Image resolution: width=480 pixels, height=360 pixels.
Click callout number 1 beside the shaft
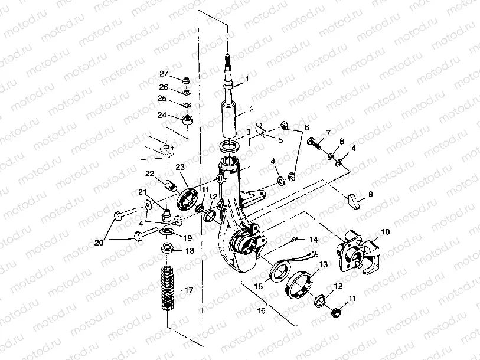(247, 78)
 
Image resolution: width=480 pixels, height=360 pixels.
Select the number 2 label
(251, 109)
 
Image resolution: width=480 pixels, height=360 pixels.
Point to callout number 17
(189, 290)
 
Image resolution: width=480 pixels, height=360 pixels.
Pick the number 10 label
(385, 232)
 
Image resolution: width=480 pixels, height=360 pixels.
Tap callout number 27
(164, 74)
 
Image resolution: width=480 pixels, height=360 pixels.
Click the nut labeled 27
(187, 80)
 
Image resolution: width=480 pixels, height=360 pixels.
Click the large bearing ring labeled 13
(298, 283)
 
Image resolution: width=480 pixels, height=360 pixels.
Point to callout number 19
(188, 238)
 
